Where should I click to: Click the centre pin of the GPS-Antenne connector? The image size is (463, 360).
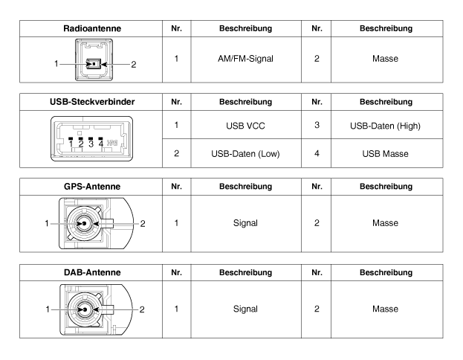pyautogui.click(x=85, y=222)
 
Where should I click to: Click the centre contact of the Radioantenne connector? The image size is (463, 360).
pyautogui.click(x=92, y=64)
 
